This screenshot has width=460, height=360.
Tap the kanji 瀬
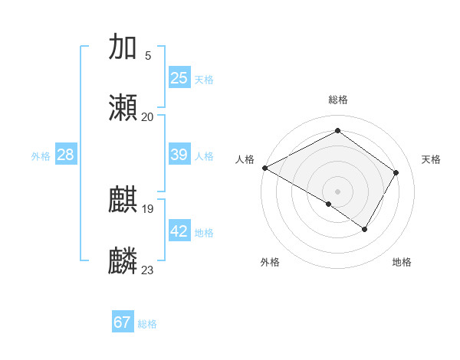tap(123, 108)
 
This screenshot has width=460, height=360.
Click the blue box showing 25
tap(179, 77)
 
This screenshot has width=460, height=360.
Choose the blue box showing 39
tap(179, 154)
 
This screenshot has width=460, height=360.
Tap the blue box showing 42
tap(179, 231)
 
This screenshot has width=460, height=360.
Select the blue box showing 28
tap(66, 154)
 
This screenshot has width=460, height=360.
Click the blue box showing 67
tap(123, 322)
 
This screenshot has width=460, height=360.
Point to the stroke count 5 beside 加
tap(148, 55)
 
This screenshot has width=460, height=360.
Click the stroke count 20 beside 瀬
tap(148, 116)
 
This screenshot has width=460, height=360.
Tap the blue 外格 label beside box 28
tap(41, 155)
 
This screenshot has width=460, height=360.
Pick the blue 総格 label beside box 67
tap(147, 324)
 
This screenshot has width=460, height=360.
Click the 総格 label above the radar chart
tap(338, 100)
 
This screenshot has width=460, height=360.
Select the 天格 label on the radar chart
tap(431, 159)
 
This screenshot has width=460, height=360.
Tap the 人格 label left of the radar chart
tap(245, 159)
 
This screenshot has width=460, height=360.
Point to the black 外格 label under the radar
tap(270, 263)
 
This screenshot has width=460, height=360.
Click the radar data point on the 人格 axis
tap(264, 168)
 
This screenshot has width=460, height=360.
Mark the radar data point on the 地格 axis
tap(365, 229)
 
